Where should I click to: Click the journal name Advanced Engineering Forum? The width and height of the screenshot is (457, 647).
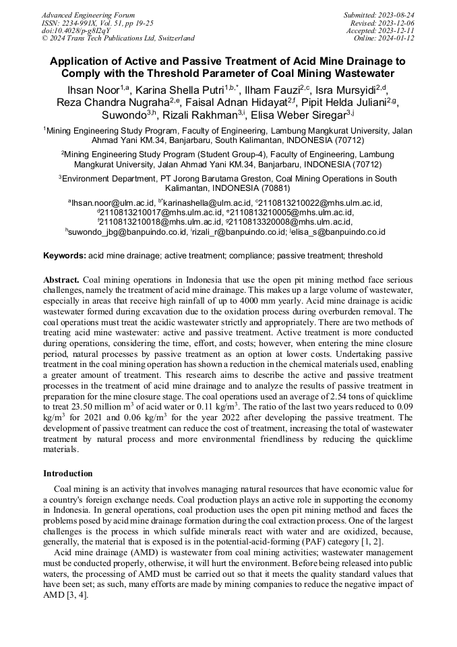(x=88, y=15)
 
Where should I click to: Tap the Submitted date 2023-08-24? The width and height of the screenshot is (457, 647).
(x=379, y=15)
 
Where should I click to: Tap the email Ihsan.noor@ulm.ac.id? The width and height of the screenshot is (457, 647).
(x=113, y=202)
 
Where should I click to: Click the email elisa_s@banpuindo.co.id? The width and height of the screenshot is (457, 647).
(x=352, y=231)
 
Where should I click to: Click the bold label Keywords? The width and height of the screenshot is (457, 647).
(x=65, y=256)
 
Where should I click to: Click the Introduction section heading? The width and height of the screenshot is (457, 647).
(x=68, y=474)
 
